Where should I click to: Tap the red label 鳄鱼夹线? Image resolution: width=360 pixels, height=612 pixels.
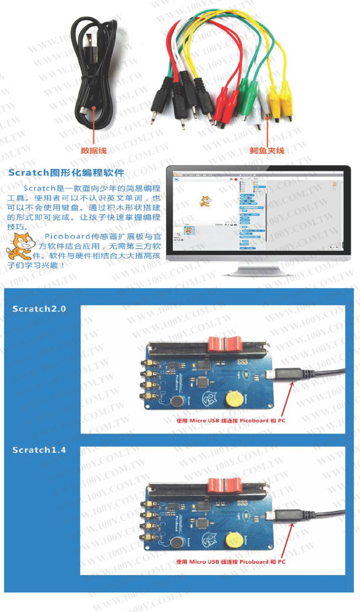(x=267, y=150)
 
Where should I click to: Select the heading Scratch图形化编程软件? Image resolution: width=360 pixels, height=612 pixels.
(x=66, y=173)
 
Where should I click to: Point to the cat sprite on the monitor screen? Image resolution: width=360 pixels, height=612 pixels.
(x=205, y=200)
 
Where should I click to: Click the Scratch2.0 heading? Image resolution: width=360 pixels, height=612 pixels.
(x=39, y=308)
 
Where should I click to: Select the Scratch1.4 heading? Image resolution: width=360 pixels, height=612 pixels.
(x=39, y=450)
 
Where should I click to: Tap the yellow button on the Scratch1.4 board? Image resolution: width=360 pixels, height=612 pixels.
(x=234, y=541)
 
